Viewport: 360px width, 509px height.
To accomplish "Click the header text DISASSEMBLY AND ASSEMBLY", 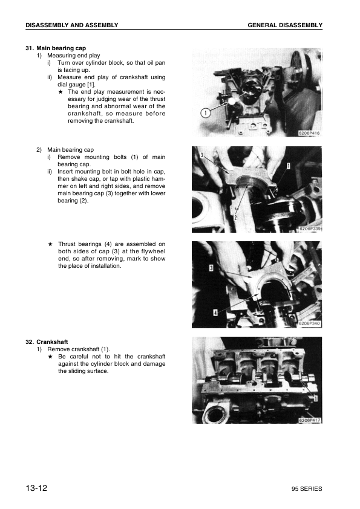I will coord(71,25).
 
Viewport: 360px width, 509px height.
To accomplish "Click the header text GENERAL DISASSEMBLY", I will coord(284,25).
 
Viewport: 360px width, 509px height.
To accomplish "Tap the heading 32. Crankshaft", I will coord(51,342).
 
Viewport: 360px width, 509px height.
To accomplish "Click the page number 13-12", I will coord(36,488).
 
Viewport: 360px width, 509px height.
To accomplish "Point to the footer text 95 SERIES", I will coord(306,488).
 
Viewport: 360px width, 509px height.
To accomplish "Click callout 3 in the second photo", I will coord(200,155).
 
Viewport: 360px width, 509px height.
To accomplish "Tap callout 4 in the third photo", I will coord(215,313).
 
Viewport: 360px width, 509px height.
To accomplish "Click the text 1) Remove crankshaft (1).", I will coord(74,349).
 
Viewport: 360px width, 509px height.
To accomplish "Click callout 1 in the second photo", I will coord(289,165).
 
